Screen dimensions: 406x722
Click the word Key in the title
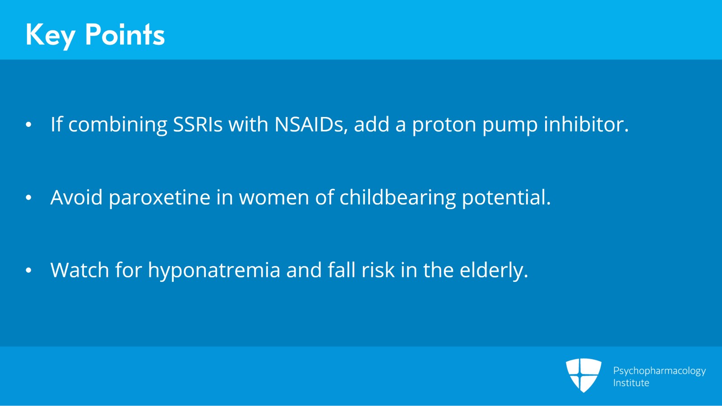tap(50, 35)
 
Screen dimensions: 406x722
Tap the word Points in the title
tap(125, 35)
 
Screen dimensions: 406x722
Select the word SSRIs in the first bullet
tap(198, 124)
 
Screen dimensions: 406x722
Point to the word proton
tap(444, 124)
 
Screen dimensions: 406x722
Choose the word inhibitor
tap(586, 124)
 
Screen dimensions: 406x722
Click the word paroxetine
tap(159, 197)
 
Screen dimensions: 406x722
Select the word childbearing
tap(398, 197)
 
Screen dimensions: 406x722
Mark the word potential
tap(506, 197)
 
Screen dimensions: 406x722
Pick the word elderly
tap(494, 270)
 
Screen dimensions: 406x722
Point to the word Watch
tap(80, 270)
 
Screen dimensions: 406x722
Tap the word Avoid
tap(76, 197)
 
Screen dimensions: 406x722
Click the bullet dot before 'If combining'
tap(28, 125)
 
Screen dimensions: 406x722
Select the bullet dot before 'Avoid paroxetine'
tap(28, 198)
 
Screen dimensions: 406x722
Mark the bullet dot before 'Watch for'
tap(28, 271)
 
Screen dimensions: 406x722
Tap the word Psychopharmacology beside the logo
tap(659, 371)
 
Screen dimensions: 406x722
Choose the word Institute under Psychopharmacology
tap(631, 383)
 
